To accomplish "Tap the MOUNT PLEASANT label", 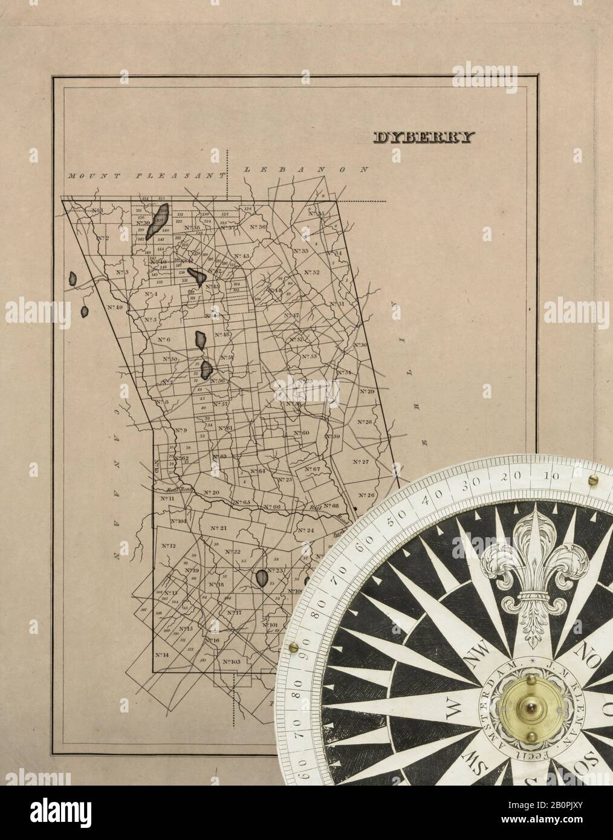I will tap(144, 175).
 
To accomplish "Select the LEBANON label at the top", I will tap(305, 170).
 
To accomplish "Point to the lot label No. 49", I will tap(115, 308).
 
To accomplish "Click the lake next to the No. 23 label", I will tap(262, 578).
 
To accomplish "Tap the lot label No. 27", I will tap(360, 462).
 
